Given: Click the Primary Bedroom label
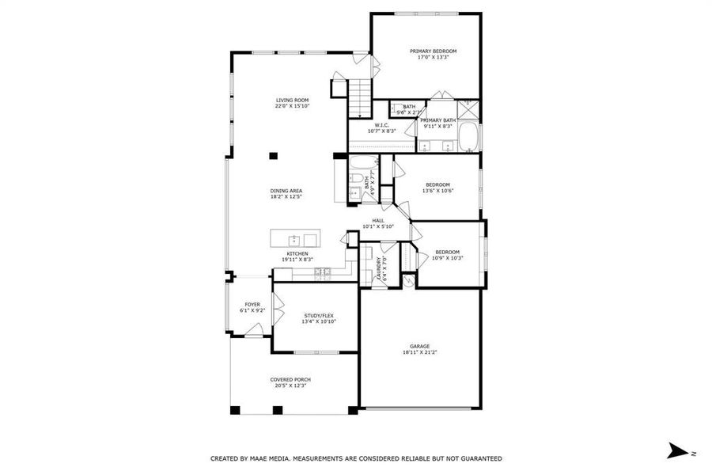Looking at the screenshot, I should pyautogui.click(x=433, y=51).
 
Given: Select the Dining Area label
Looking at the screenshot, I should pyautogui.click(x=286, y=191).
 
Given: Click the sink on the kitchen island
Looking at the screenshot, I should pyautogui.click(x=294, y=239).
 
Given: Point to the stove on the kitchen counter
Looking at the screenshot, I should pyautogui.click(x=322, y=272).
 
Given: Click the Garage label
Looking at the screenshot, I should pyautogui.click(x=419, y=346).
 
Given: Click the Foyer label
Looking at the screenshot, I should pyautogui.click(x=252, y=304).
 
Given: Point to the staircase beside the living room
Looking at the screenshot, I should pyautogui.click(x=360, y=97).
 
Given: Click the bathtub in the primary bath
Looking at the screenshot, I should pyautogui.click(x=470, y=136).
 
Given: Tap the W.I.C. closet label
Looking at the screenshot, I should pyautogui.click(x=381, y=125).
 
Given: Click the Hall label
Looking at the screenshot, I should pyautogui.click(x=378, y=221).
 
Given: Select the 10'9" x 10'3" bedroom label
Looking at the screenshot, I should pyautogui.click(x=447, y=253).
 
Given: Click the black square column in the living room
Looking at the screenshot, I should pyautogui.click(x=273, y=156).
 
